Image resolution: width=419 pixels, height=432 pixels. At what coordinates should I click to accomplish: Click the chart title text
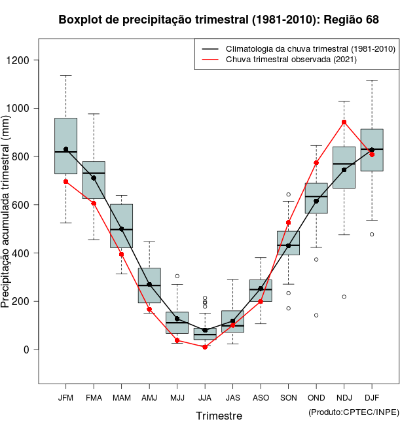pyautogui.click(x=219, y=20)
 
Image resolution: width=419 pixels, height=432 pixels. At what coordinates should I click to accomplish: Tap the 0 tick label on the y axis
pyautogui.click(x=26, y=350)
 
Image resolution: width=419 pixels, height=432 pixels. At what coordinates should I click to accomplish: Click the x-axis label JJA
pyautogui.click(x=205, y=398)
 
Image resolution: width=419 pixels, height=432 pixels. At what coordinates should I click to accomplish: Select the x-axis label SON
pyautogui.click(x=288, y=398)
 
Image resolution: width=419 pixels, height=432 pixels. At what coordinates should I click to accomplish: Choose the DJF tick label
pyautogui.click(x=372, y=398)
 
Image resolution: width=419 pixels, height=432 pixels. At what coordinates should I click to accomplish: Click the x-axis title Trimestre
pyautogui.click(x=219, y=416)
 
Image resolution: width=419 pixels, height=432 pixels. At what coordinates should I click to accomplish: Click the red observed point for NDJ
pyautogui.click(x=344, y=122)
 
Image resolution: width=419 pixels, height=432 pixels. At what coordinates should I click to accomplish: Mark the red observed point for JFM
pyautogui.click(x=65, y=181)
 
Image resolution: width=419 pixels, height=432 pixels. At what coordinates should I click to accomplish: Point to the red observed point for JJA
pyautogui.click(x=205, y=347)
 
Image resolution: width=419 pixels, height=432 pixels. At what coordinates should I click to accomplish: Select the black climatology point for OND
pyautogui.click(x=316, y=201)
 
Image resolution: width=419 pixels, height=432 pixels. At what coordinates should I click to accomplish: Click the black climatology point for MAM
pyautogui.click(x=121, y=229)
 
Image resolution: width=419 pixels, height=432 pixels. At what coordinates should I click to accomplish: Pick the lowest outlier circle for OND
pyautogui.click(x=316, y=315)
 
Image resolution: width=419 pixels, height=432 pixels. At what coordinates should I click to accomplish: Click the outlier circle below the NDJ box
pyautogui.click(x=344, y=297)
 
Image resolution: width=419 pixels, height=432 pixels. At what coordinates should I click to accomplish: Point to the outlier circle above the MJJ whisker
pyautogui.click(x=177, y=276)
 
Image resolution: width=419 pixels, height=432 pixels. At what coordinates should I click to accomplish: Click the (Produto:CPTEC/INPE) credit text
pyautogui.click(x=354, y=412)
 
